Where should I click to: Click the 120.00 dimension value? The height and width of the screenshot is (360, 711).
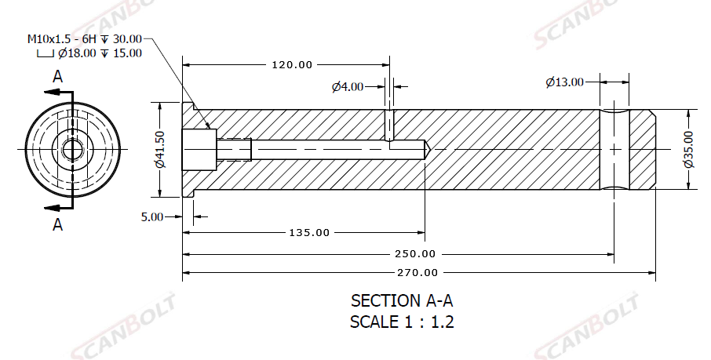292,65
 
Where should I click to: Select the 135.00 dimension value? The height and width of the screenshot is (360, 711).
309,233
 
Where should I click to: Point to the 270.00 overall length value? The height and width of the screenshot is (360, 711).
418,273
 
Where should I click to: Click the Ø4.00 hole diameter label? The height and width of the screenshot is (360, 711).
348,86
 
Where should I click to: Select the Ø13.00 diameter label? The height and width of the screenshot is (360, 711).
565,82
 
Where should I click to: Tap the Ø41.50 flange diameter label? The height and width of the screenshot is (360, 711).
159,148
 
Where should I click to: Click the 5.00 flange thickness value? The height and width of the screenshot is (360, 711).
151,216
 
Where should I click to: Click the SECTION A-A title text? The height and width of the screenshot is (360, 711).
402,300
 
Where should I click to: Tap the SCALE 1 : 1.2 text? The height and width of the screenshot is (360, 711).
402,321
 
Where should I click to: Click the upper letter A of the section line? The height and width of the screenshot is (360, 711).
57,76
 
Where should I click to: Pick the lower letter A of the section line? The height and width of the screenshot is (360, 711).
57,225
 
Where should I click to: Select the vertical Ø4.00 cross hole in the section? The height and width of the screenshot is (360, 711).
388,124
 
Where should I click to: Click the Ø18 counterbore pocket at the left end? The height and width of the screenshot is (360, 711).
199,148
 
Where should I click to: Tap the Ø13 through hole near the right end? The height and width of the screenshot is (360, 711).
614,148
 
